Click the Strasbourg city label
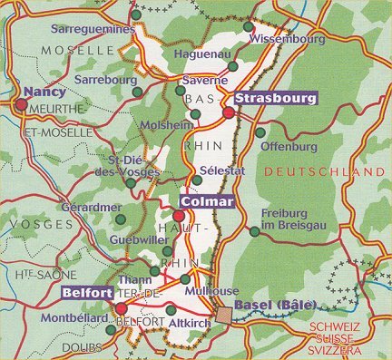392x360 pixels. [x=275, y=98]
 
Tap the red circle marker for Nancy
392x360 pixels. [x=20, y=104]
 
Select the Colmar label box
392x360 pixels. [x=207, y=201]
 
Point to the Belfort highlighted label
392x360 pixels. [x=87, y=294]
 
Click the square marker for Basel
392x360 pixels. [x=223, y=315]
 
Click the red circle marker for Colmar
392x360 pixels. [x=180, y=216]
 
